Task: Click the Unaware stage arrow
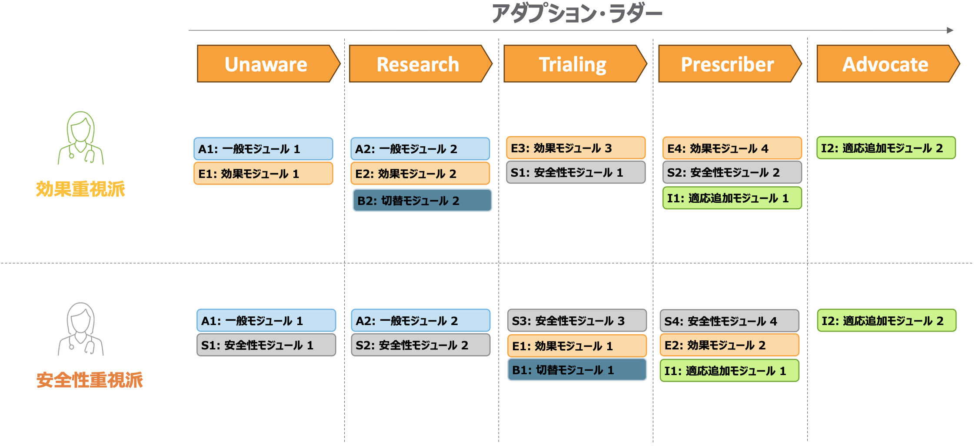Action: tap(268, 64)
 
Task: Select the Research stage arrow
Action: tap(420, 64)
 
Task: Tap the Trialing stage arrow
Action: tap(575, 64)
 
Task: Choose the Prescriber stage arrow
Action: tap(730, 64)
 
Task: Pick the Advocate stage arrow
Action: tap(888, 64)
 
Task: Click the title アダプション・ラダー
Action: tap(577, 13)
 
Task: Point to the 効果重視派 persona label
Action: tap(80, 189)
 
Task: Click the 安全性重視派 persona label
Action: tap(90, 380)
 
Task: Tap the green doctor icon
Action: tap(81, 138)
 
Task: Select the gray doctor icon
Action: tap(81, 329)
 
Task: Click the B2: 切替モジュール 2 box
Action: tap(422, 200)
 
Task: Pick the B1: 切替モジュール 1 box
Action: tap(577, 369)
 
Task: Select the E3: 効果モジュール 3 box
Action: tap(576, 148)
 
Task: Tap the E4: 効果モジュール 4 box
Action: tap(732, 148)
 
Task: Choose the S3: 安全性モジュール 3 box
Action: tap(577, 321)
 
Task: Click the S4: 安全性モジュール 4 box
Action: tap(729, 321)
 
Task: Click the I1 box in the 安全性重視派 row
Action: tap(729, 371)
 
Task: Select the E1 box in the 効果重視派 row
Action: tap(263, 174)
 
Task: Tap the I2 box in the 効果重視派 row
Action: tap(886, 148)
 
